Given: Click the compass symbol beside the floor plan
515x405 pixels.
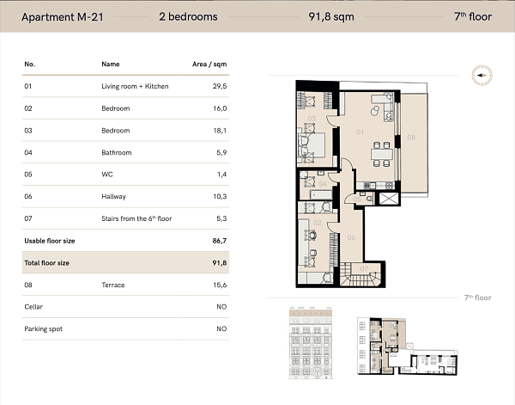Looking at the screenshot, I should point(480,76).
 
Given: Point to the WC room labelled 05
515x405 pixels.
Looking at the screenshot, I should point(358,199).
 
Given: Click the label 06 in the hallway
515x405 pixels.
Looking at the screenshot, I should point(351,237).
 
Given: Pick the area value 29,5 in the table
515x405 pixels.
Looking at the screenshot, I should point(219,87).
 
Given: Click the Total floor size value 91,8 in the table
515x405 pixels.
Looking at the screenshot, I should point(219,262).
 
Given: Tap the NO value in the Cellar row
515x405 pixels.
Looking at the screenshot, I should point(221,307).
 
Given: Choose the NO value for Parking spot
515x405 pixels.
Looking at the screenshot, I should point(221,328).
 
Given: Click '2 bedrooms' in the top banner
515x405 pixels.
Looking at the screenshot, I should point(188,16).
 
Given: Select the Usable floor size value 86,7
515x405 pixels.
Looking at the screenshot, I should point(219,242).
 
